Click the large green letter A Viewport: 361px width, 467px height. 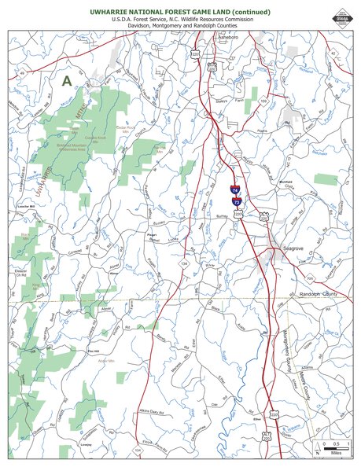[67, 79]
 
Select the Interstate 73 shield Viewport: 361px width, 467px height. [235, 202]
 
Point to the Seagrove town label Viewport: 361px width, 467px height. [293, 248]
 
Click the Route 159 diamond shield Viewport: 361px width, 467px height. [263, 101]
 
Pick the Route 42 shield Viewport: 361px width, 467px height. [333, 53]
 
